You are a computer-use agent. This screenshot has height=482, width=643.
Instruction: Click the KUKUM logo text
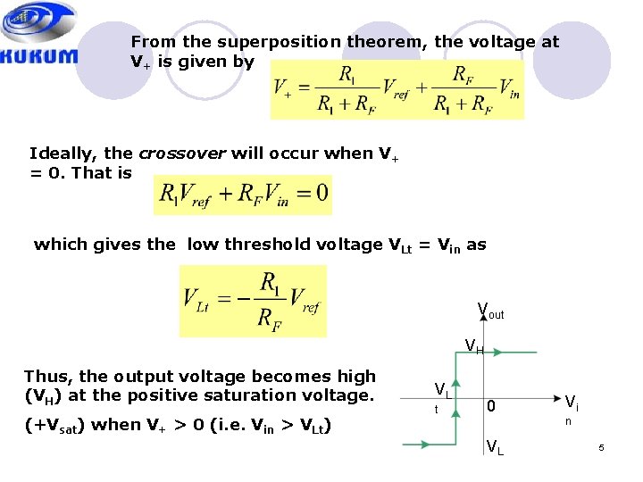click(38, 56)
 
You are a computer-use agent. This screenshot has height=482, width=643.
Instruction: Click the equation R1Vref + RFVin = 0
click(243, 193)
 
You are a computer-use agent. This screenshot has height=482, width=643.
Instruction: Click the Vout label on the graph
click(490, 312)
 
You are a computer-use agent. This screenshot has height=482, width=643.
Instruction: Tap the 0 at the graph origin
click(490, 406)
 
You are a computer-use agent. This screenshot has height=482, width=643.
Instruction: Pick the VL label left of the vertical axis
click(441, 390)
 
